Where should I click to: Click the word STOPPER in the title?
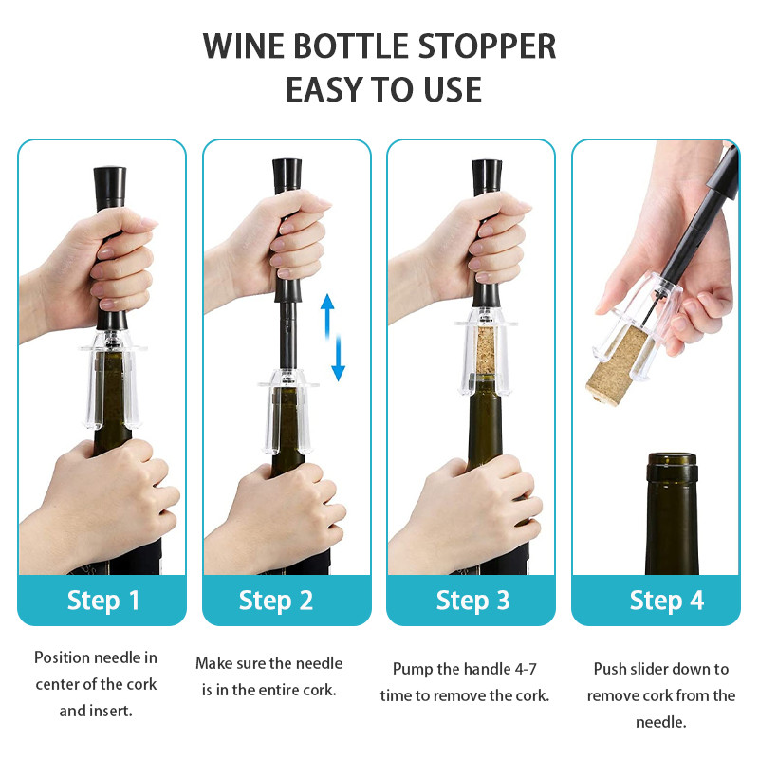(487, 46)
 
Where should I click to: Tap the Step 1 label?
(103, 601)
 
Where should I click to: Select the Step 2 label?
(276, 601)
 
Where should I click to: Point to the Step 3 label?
(472, 601)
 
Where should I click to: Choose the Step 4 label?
(667, 601)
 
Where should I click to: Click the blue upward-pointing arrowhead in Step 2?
(327, 303)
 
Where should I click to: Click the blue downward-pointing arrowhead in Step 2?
(339, 373)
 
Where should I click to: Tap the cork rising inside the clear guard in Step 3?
(486, 349)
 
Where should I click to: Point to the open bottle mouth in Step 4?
(672, 458)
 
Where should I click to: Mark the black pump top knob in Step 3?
(487, 177)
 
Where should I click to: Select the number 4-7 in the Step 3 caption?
(526, 669)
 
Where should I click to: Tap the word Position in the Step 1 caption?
(62, 657)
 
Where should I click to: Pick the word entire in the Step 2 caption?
(274, 690)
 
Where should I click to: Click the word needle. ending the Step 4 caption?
(660, 722)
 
